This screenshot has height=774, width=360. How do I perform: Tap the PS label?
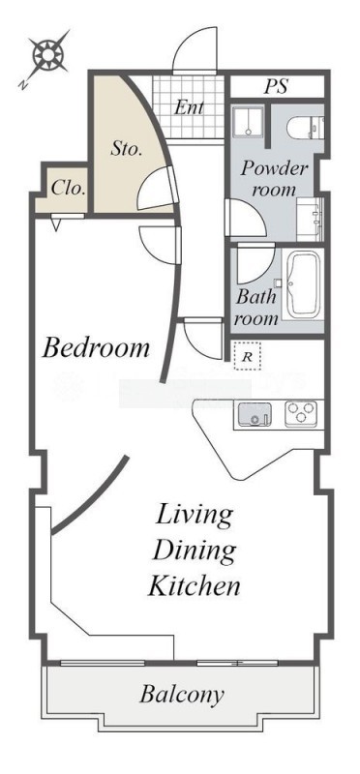click(276, 86)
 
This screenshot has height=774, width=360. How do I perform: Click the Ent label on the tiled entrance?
click(189, 107)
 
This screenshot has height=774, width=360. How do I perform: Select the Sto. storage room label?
click(127, 149)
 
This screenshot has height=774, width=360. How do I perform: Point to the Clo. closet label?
click(69, 188)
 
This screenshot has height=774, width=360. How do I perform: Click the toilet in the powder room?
click(305, 128)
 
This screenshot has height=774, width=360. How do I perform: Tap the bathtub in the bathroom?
click(303, 285)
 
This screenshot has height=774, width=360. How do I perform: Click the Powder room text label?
click(274, 179)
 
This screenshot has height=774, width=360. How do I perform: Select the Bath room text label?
click(255, 308)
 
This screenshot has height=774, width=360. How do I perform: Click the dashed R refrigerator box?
click(247, 356)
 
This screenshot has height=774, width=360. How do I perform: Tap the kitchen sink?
click(255, 414)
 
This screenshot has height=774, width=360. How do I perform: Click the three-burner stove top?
click(300, 414)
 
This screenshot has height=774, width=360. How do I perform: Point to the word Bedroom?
click(96, 348)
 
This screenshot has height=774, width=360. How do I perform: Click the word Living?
click(195, 517)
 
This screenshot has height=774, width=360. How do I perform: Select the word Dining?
click(194, 551)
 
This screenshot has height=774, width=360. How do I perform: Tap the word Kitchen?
click(195, 586)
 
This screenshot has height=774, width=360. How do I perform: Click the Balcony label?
click(182, 695)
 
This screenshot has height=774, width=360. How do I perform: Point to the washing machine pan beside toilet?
click(249, 122)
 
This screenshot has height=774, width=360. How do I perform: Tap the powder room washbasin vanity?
click(310, 219)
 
